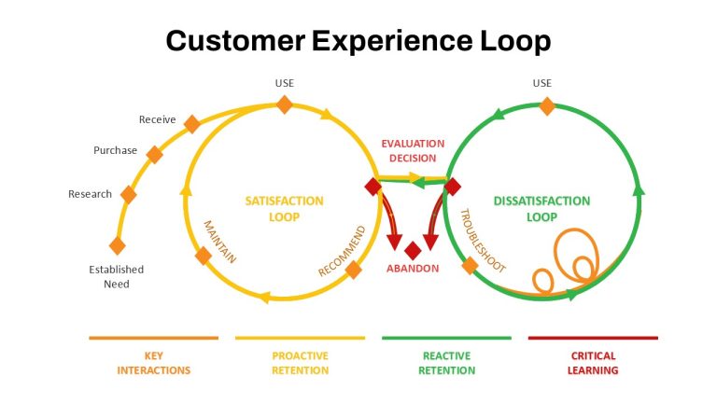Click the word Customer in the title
tap(235, 40)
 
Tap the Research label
tap(90, 194)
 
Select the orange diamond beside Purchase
tap(155, 155)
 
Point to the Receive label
tap(157, 119)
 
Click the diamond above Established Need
tap(118, 246)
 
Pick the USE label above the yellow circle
tap(285, 83)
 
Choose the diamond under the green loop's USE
tap(547, 106)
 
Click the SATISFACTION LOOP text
tap(285, 209)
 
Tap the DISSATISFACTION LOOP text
tap(541, 209)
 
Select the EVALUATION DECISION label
tap(413, 151)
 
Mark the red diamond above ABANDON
tap(413, 251)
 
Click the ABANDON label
tap(413, 269)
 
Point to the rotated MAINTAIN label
tap(220, 242)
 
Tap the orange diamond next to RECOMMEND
tap(354, 270)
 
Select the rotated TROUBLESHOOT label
tap(483, 241)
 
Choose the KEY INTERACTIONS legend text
tap(154, 363)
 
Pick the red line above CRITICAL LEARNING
tap(593, 338)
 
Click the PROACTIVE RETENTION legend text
tap(301, 363)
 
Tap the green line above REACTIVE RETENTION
tap(447, 338)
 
